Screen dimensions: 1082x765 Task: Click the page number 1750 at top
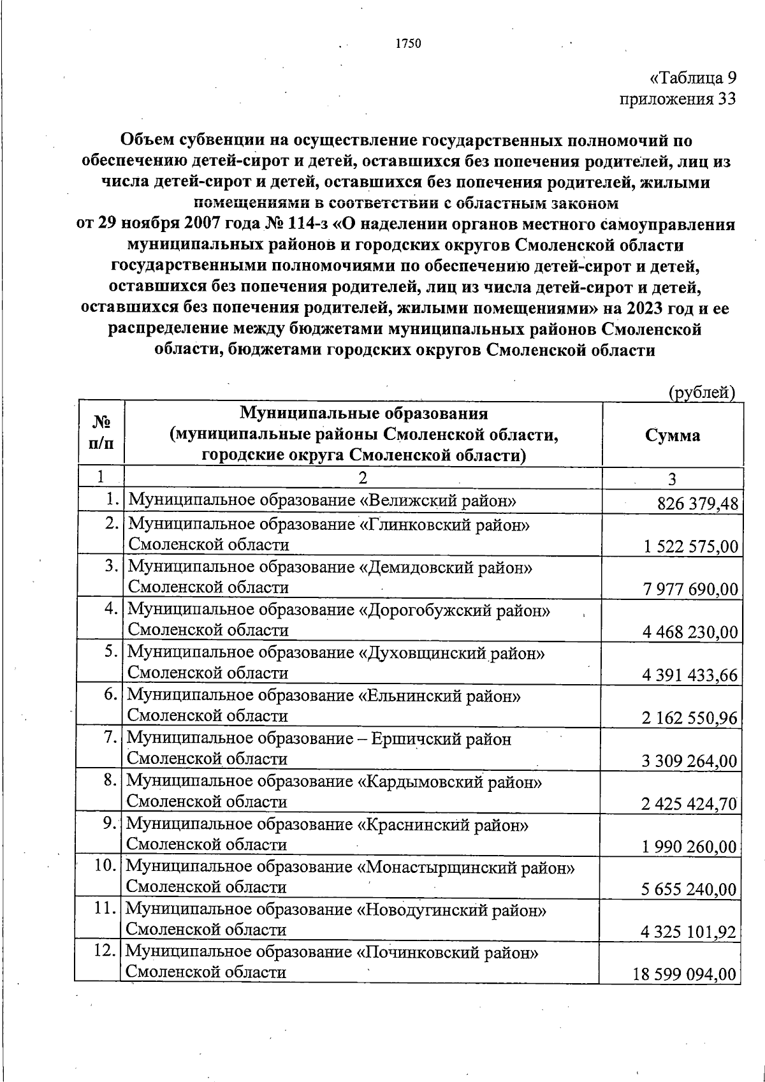tap(408, 43)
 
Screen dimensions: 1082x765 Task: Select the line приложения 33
tap(678, 99)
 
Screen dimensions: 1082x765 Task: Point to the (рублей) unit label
tap(702, 393)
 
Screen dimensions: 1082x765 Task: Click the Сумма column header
tap(672, 435)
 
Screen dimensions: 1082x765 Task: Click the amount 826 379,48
tap(697, 504)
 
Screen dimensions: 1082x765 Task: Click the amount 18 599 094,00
tap(685, 975)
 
